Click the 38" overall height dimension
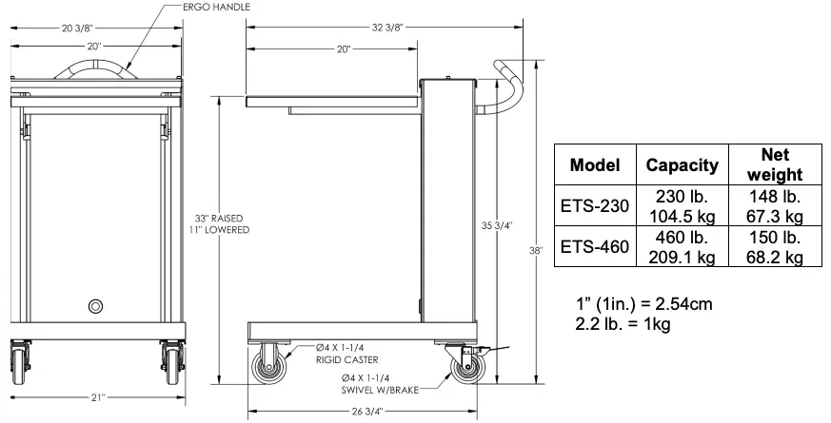click(540, 251)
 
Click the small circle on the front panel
click(96, 306)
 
